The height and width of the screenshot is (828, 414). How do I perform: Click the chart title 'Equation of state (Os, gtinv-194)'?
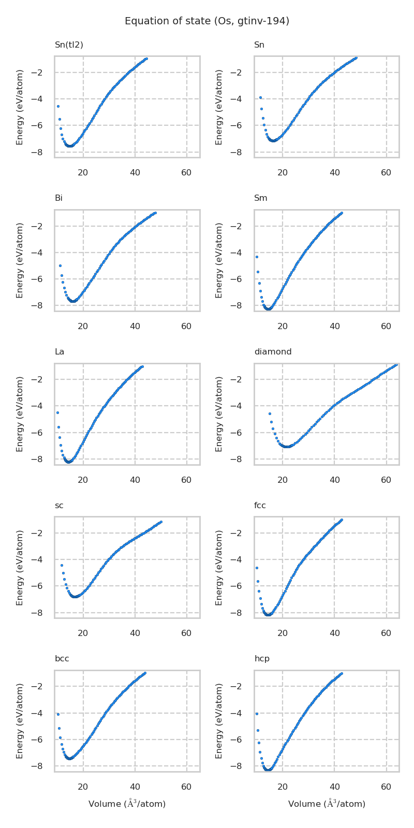tap(207, 21)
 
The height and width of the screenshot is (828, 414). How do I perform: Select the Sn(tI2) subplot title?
tap(69, 45)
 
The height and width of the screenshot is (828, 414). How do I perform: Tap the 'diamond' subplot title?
tap(273, 352)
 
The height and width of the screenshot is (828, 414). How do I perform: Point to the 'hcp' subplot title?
tap(262, 659)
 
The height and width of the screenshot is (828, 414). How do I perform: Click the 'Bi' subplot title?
tap(58, 198)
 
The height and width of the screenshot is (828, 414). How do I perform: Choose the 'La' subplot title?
tap(60, 352)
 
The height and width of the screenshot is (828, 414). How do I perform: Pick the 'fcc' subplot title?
tap(260, 506)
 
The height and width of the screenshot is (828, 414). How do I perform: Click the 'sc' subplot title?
tap(59, 506)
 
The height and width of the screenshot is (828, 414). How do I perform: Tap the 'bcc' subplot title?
tap(62, 659)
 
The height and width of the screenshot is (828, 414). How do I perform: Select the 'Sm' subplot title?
tap(260, 198)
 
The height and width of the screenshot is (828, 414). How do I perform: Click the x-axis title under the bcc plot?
tap(127, 804)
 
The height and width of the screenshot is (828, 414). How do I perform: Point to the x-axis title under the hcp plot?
tap(327, 804)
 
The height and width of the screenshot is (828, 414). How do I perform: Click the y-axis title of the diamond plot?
tap(219, 414)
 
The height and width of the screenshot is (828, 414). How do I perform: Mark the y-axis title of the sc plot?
tap(20, 567)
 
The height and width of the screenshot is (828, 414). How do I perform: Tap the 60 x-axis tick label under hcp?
tap(386, 787)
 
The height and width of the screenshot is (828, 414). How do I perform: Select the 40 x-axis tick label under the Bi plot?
tap(135, 327)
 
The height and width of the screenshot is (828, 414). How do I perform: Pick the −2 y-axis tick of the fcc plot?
tap(243, 533)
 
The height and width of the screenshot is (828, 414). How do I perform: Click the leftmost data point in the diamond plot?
tap(270, 413)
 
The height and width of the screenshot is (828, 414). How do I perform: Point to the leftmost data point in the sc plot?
tap(62, 565)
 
